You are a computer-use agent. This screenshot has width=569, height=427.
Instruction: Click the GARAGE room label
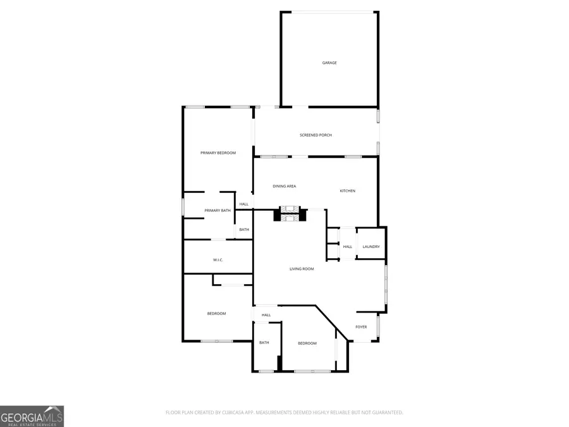(329, 63)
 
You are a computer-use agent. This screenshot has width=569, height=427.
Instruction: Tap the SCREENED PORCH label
(315, 135)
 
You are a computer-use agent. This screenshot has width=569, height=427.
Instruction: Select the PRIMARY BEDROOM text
(218, 153)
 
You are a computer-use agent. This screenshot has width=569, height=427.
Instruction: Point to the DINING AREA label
(284, 186)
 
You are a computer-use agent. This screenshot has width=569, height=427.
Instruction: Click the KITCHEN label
(348, 190)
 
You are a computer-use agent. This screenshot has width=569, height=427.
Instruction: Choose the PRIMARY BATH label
(217, 210)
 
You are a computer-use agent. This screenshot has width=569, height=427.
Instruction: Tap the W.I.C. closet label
(217, 260)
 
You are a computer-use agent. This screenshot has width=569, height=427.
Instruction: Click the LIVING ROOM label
(302, 269)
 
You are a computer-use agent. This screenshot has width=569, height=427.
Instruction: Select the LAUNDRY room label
(371, 247)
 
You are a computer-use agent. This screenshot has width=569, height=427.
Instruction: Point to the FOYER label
(361, 326)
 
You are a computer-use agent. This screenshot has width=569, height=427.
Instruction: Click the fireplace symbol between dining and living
(290, 214)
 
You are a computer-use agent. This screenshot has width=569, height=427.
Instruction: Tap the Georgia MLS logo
(32, 416)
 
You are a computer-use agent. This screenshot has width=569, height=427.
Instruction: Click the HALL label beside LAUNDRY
(348, 247)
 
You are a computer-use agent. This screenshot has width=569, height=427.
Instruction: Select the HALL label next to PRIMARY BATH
(244, 204)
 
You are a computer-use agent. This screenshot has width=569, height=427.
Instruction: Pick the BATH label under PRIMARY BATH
(244, 230)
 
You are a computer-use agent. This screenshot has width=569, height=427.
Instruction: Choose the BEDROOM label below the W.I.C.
(216, 314)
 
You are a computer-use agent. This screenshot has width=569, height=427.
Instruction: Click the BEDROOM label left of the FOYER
(307, 343)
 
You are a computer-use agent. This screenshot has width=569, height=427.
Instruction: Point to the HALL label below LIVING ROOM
(266, 314)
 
